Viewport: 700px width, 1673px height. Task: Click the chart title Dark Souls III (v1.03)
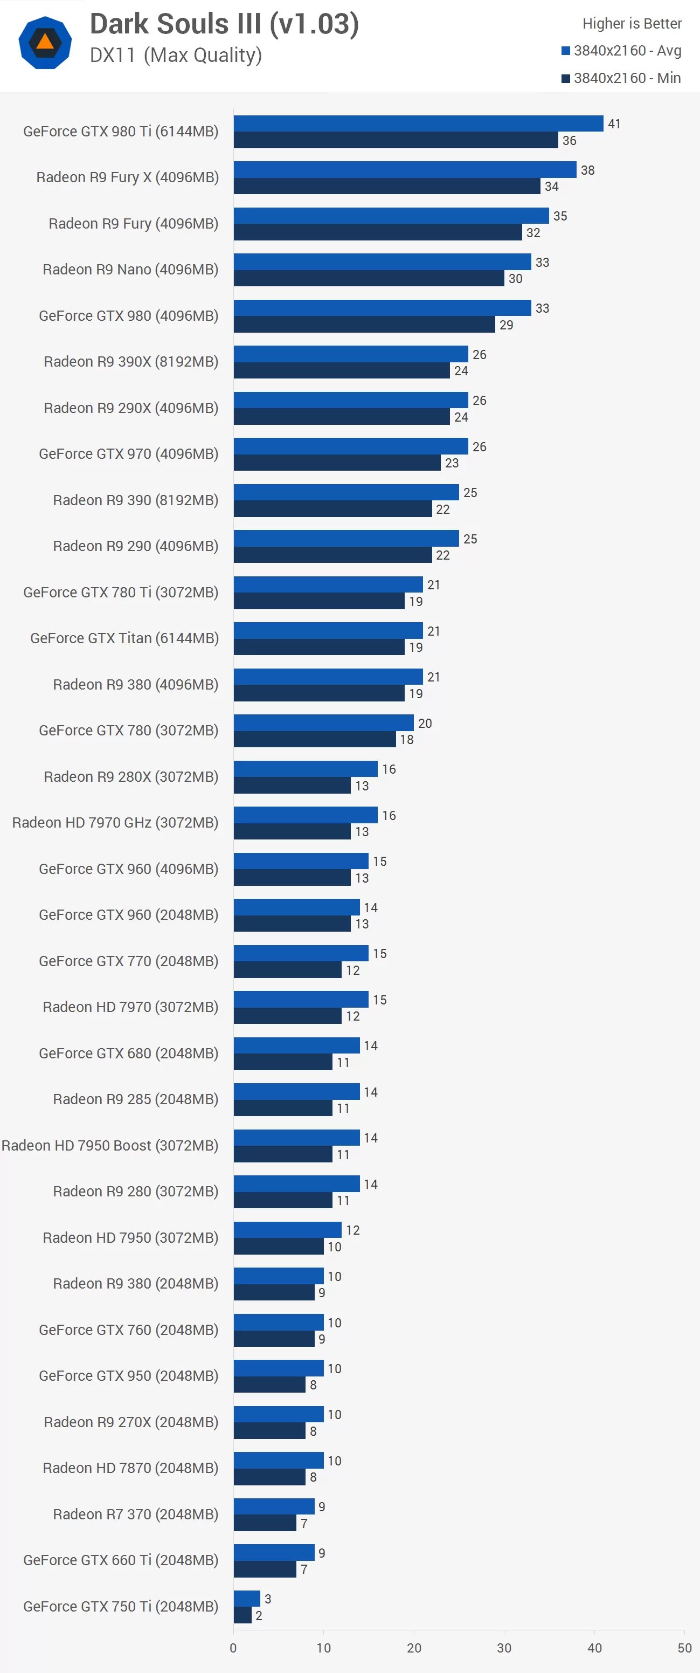[224, 25]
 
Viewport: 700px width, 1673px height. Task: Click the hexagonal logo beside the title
[45, 43]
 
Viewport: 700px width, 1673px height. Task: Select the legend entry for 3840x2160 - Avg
[621, 51]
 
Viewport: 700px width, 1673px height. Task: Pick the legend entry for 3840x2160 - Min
[621, 78]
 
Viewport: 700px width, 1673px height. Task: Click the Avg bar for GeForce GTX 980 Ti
[418, 123]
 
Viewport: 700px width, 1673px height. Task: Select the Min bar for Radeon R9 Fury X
[386, 187]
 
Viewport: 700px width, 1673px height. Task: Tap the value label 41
[614, 123]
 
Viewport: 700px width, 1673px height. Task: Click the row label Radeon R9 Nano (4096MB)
[130, 270]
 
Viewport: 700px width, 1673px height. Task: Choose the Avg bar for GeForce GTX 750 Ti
[247, 1598]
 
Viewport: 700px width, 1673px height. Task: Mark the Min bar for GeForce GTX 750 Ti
[242, 1615]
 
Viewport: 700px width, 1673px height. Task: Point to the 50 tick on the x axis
[684, 1648]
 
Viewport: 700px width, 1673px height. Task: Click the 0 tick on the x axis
[233, 1648]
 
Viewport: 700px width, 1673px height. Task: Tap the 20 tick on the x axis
[414, 1648]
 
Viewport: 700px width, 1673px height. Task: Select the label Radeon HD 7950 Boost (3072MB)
[110, 1146]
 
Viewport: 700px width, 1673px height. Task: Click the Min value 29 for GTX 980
[506, 325]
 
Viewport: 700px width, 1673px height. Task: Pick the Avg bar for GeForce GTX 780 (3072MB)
[323, 723]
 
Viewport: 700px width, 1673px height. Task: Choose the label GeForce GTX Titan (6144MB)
[124, 638]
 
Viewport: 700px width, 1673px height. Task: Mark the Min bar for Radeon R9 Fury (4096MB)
[377, 232]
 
